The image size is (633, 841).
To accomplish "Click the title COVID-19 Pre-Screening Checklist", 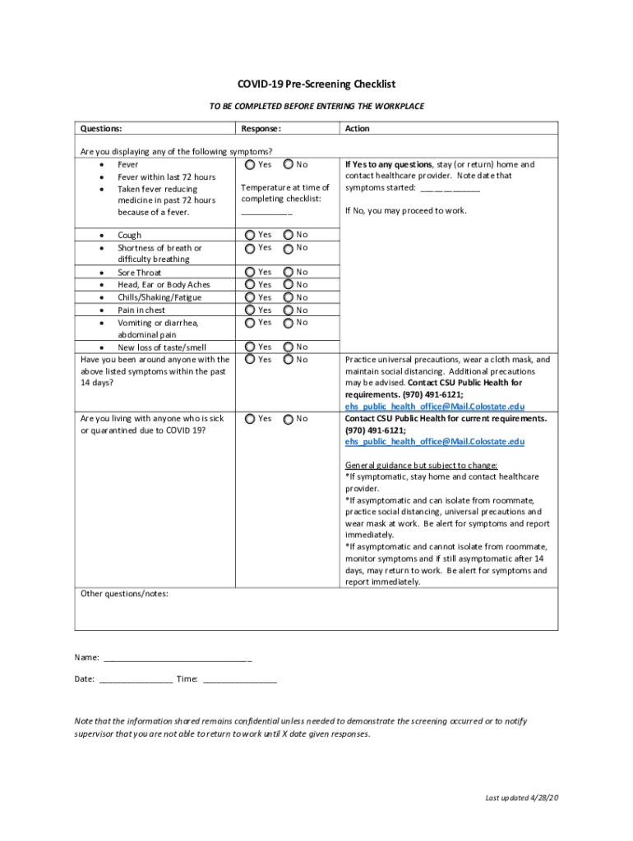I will (x=316, y=85).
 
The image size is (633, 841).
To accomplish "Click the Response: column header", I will (x=261, y=129).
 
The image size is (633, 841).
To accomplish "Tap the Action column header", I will (x=358, y=129).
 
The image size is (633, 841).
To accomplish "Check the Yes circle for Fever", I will (x=251, y=164).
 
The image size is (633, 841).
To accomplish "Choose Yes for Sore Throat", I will (x=251, y=272).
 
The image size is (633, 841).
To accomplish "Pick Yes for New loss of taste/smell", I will (x=251, y=347).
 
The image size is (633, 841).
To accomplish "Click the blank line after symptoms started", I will (x=450, y=189).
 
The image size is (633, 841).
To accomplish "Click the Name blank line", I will (x=178, y=659).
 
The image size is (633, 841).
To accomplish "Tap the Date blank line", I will (x=136, y=680).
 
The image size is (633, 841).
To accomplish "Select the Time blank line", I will (x=239, y=680).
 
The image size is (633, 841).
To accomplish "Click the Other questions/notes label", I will (x=124, y=593).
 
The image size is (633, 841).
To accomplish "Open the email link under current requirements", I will (x=434, y=442).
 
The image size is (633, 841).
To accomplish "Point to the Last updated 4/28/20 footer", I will (x=522, y=798).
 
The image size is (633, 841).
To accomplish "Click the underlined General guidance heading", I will (x=421, y=465).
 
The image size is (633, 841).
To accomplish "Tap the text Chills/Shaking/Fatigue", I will (x=159, y=297).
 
